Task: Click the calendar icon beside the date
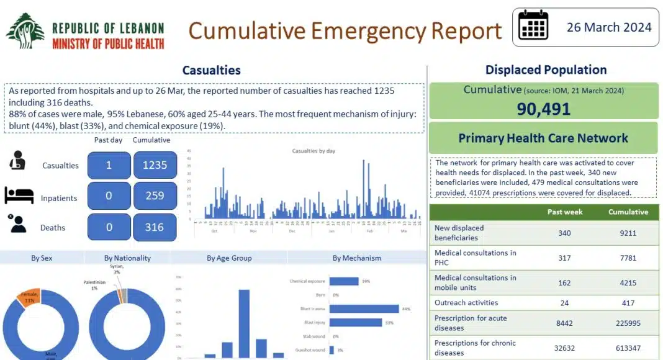pos(533,26)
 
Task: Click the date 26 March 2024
pos(609,27)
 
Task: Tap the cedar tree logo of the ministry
pos(25,31)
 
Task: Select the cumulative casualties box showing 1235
pos(155,165)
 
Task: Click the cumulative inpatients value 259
pos(155,196)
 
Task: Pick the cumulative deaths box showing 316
pos(155,227)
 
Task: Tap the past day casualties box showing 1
pos(109,165)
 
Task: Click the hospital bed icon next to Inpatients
pos(19,196)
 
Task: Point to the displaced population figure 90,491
pos(543,109)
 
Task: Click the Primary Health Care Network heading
pos(543,138)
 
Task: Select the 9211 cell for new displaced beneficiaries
pos(628,233)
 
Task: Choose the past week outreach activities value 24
pos(564,303)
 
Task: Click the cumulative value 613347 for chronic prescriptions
pos(628,348)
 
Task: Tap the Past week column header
pos(564,212)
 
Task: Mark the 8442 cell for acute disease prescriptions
pos(564,323)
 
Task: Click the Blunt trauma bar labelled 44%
pos(364,308)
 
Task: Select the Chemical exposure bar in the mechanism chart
pos(344,281)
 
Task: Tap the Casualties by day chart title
pos(313,151)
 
